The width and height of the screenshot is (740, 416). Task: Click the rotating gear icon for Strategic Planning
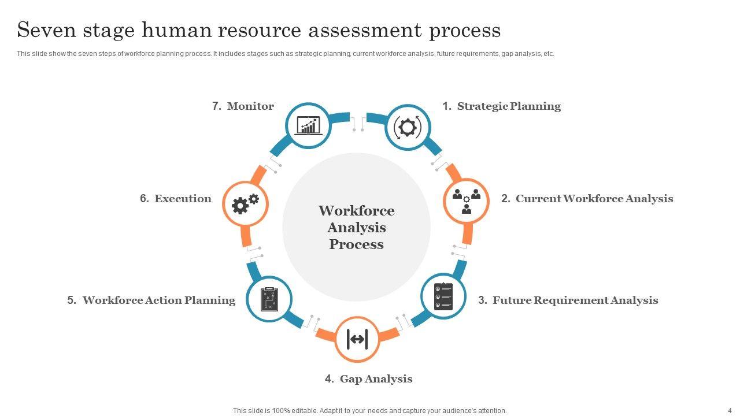(x=408, y=127)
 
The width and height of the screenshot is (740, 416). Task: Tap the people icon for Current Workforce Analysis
(x=466, y=201)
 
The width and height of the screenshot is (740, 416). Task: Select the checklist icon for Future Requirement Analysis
(x=443, y=296)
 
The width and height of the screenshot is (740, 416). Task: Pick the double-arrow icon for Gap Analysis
(x=357, y=339)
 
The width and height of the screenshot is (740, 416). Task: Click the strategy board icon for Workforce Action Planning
(x=269, y=299)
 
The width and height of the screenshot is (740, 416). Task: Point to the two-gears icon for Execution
(x=245, y=203)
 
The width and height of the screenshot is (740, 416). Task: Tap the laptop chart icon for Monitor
(x=308, y=125)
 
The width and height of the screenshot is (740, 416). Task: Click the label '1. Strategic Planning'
(x=501, y=106)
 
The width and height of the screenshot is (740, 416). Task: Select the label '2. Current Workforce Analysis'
(x=587, y=199)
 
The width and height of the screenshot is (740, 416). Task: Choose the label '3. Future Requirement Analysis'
(x=568, y=300)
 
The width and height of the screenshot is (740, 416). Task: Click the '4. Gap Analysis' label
(x=368, y=379)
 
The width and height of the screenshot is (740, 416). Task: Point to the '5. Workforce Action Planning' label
(x=151, y=300)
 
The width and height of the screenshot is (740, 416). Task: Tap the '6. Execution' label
(x=175, y=199)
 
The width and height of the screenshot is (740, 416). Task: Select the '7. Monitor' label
(x=243, y=106)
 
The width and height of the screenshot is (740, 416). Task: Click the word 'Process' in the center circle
(x=357, y=244)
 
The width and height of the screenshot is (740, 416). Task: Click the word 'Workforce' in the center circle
(x=357, y=211)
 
